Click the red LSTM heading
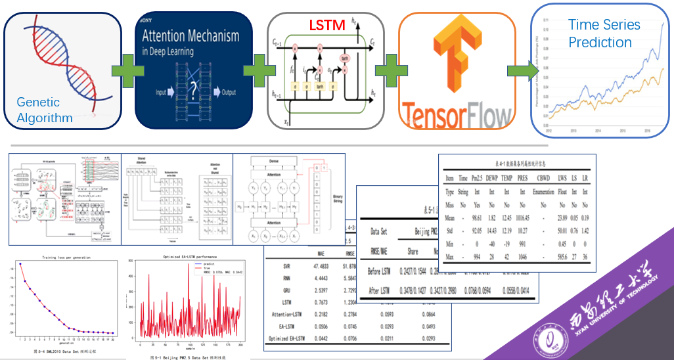pos(326,26)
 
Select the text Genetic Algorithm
pos(45,110)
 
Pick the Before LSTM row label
pos(379,271)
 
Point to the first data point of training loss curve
pos(20,263)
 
